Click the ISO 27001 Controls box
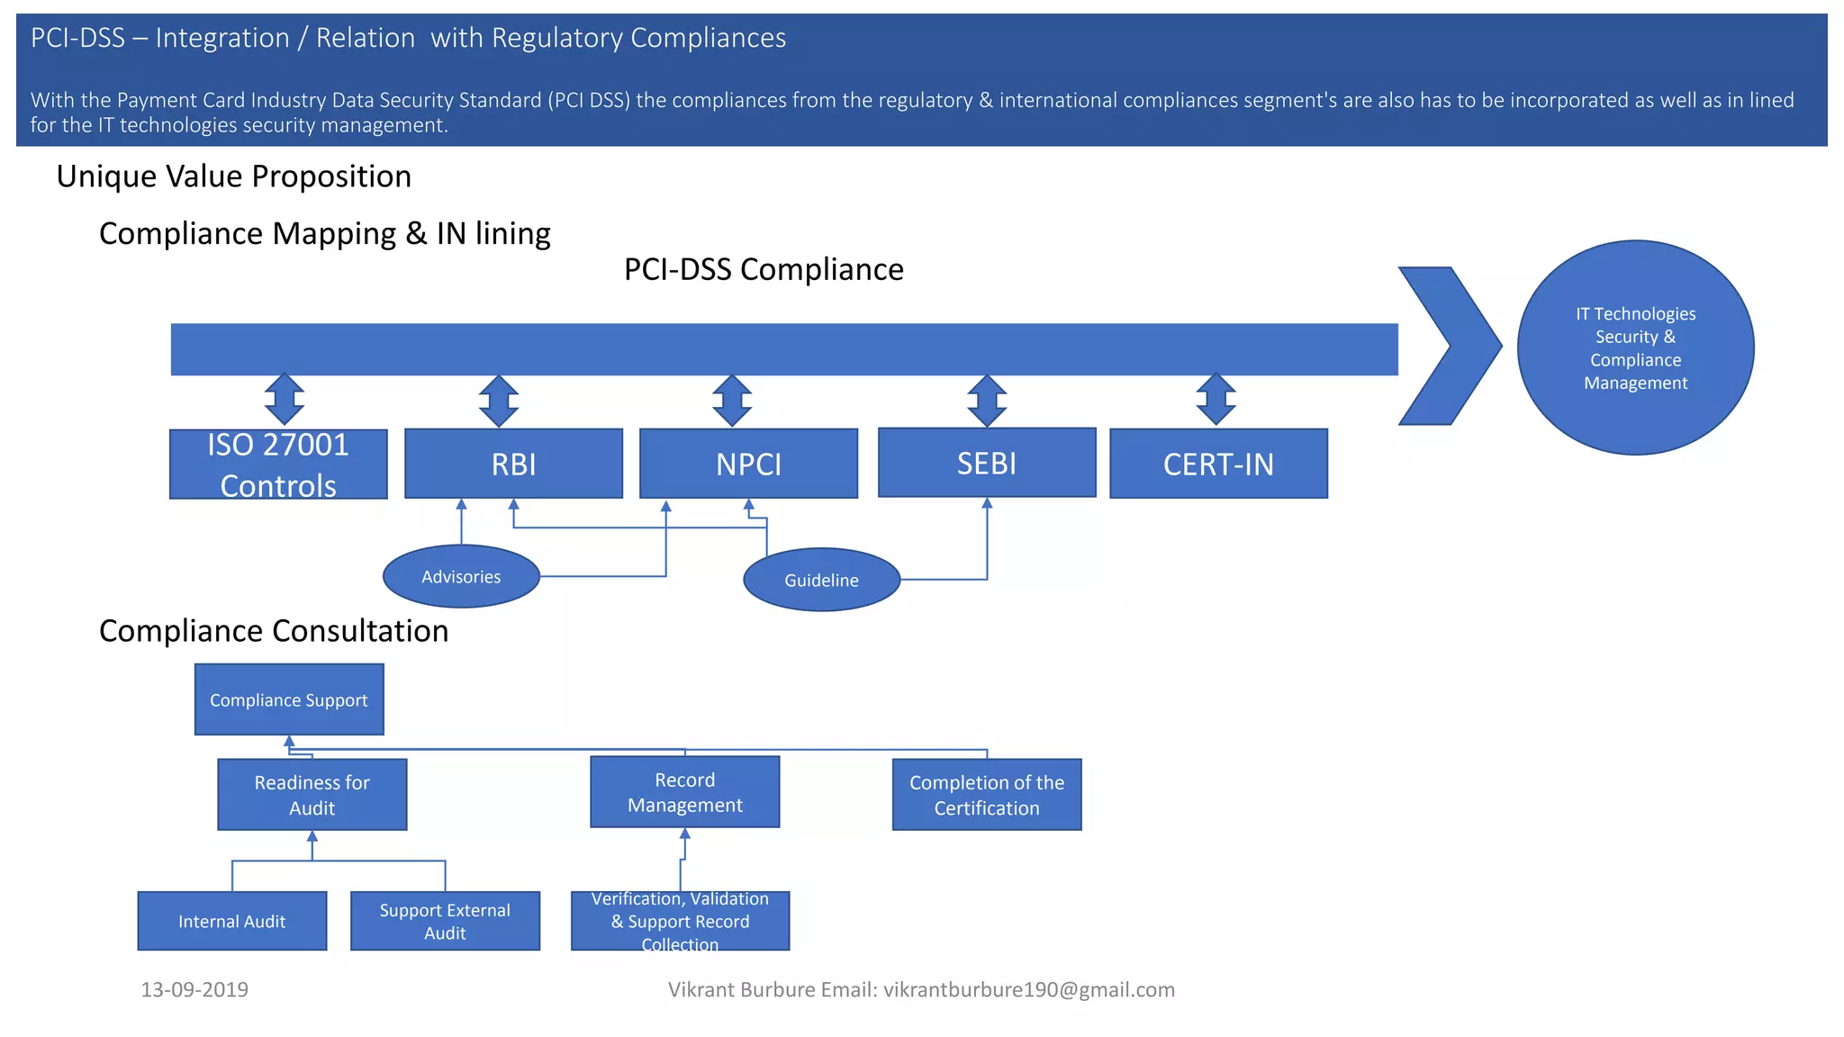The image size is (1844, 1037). [278, 464]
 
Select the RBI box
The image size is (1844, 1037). [513, 464]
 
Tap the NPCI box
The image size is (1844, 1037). [748, 464]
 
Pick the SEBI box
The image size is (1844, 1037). [987, 463]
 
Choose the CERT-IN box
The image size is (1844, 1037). [1218, 464]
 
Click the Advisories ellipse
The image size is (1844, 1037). [461, 576]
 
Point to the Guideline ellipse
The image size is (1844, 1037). [821, 580]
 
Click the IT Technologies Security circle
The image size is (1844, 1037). [1635, 347]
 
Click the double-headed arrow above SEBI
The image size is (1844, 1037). [987, 401]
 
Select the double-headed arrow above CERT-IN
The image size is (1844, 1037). [1216, 400]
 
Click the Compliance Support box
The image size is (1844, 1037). [289, 699]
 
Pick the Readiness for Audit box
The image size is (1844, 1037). [312, 794]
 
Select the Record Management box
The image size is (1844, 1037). [684, 792]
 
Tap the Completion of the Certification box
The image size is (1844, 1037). [987, 794]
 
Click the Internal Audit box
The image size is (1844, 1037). [231, 921]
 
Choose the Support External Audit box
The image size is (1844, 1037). [445, 921]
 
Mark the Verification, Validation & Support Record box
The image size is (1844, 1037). [680, 921]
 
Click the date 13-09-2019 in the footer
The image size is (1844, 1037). [194, 989]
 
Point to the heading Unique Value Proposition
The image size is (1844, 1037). [233, 176]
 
